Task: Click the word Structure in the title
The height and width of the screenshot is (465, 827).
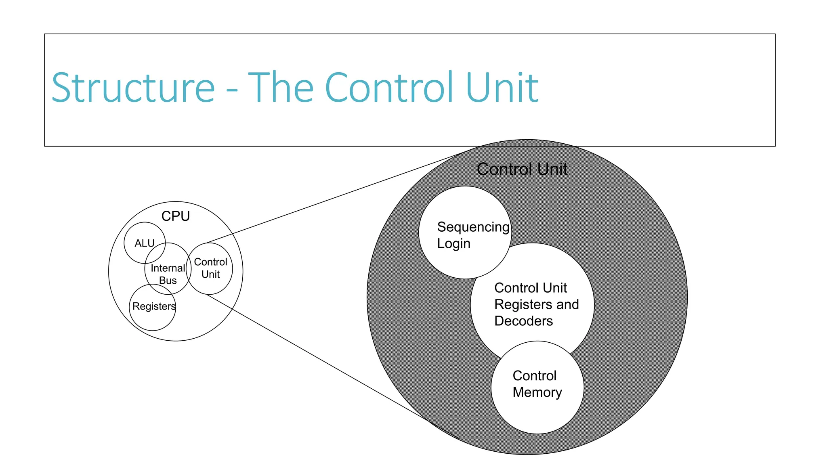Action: click(133, 88)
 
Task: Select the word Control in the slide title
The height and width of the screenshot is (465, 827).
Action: click(390, 88)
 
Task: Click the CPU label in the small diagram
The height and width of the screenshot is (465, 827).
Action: click(175, 216)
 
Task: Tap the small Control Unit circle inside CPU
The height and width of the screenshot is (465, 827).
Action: click(210, 268)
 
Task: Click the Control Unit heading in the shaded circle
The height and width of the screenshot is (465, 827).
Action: click(522, 169)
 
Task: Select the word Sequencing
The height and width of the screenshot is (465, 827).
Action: click(473, 227)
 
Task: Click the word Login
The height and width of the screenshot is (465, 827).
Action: click(453, 244)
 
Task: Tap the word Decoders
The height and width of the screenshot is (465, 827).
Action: click(523, 321)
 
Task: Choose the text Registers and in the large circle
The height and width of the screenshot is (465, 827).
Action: click(536, 304)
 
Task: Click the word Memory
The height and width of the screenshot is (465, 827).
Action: click(537, 392)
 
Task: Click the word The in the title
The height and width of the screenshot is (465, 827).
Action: click(281, 88)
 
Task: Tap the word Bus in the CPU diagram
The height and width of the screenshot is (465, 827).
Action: click(168, 281)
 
